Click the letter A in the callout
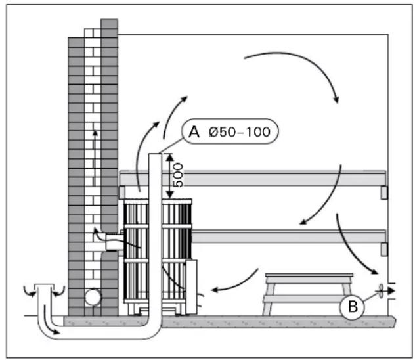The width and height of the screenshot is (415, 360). tap(194, 131)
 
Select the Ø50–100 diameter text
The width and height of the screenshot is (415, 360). tap(240, 132)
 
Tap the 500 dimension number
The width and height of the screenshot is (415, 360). tap(177, 175)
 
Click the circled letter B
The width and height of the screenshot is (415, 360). tap(352, 307)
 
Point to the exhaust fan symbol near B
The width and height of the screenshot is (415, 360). tap(381, 291)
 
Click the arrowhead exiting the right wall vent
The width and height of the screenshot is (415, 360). tap(392, 291)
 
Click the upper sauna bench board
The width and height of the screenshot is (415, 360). tap(253, 179)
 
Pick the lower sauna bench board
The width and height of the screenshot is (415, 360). tap(288, 237)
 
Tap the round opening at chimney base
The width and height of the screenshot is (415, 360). tap(93, 298)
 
